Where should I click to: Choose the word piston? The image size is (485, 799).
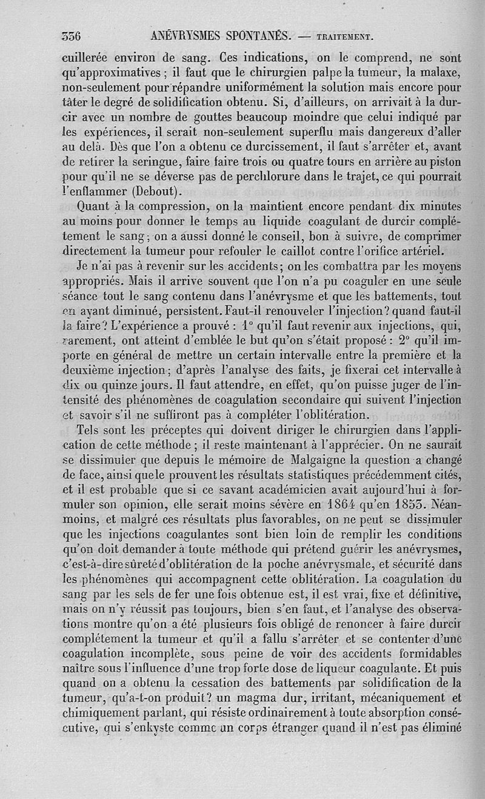pyautogui.click(x=448, y=161)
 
